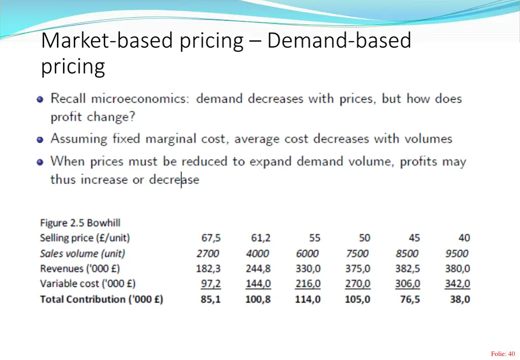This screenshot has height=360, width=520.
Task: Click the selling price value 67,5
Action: (211, 238)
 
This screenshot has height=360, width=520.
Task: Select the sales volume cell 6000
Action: (308, 253)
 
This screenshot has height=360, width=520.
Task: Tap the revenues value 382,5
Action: (407, 269)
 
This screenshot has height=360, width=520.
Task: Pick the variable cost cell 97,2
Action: (211, 284)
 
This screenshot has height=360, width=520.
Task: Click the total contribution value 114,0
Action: (308, 300)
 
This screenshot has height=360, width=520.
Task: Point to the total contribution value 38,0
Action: (460, 300)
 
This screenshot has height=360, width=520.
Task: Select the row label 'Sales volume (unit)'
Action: (82, 253)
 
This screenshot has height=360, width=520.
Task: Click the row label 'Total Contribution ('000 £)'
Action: (102, 300)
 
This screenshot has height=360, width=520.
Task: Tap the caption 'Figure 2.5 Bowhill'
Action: (80, 223)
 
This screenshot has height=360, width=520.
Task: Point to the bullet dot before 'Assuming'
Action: (40, 139)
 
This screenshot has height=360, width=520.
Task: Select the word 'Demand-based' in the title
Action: (339, 41)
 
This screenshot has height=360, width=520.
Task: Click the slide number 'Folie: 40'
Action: (503, 354)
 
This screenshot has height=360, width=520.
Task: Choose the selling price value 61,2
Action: (261, 238)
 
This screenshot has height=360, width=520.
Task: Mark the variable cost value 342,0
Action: (458, 284)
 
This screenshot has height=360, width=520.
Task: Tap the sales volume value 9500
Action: (457, 253)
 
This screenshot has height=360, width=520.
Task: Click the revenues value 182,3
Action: (208, 269)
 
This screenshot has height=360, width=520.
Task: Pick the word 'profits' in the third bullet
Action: (418, 162)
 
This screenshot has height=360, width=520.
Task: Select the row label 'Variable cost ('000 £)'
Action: (88, 284)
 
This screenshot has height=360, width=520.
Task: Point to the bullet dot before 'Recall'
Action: (40, 99)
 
